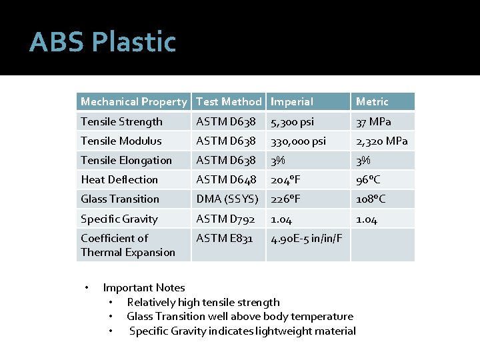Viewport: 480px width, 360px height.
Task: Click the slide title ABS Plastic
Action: pos(103,42)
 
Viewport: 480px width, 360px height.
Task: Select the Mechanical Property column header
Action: pos(133,102)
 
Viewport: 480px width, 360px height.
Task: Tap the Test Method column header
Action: pos(229,102)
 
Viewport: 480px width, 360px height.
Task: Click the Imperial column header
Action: pos(292,102)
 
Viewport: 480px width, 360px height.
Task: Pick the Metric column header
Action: pos(372,102)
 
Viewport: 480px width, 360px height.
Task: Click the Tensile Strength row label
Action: pos(121,121)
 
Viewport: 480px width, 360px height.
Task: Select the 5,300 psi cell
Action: pos(292,122)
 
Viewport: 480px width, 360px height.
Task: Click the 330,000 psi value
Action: pos(298,141)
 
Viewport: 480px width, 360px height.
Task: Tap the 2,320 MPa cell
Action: pos(382,141)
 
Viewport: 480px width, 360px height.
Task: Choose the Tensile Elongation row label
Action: pos(126,160)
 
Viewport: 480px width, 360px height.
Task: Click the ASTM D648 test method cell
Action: pos(226,179)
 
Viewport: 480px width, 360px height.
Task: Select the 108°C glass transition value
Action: pos(371,199)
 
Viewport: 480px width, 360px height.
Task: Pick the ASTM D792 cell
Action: pos(225,219)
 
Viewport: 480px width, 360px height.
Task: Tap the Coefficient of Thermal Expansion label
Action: pos(128,245)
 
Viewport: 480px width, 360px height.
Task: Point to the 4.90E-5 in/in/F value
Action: pos(307,239)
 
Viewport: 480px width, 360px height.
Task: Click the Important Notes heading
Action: pos(144,287)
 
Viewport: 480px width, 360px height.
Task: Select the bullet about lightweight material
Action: pos(243,331)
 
